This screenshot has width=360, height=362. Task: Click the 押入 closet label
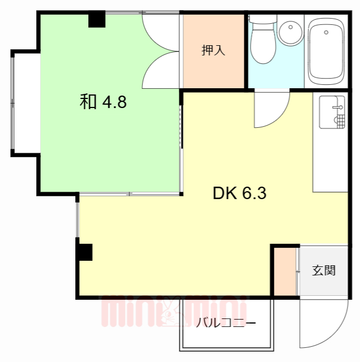click(213, 50)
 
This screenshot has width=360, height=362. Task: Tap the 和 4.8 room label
click(103, 102)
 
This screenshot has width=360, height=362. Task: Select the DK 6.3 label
click(239, 194)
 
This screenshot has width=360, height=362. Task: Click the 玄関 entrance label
click(324, 270)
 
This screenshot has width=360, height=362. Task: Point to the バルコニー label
click(226, 324)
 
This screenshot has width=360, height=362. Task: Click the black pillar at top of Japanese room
click(97, 20)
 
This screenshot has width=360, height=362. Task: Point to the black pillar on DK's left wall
click(84, 251)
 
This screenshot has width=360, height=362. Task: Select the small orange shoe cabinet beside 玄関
click(285, 271)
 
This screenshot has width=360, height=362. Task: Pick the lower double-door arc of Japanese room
click(160, 71)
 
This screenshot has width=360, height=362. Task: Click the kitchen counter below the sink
click(331, 164)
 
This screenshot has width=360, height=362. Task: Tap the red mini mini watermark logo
click(173, 313)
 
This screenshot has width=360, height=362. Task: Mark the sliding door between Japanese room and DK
click(130, 195)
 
